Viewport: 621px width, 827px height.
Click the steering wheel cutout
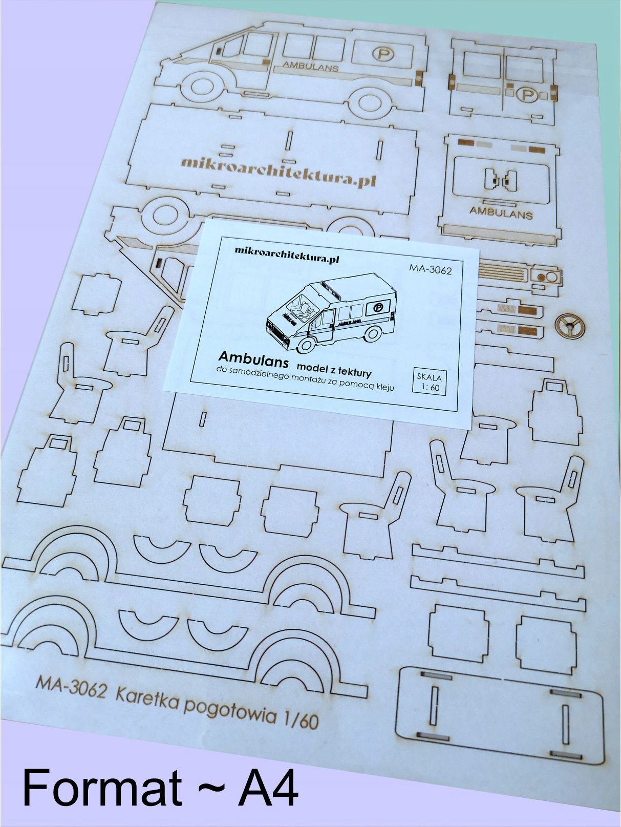569,325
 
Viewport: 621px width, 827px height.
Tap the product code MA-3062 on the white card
430,269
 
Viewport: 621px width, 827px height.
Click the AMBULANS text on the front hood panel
501,211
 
